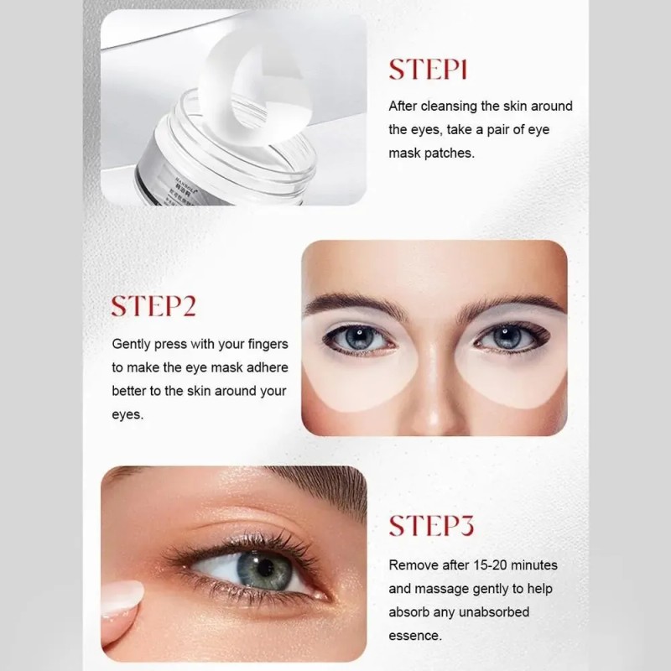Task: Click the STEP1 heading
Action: tap(428, 70)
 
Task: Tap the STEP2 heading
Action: tap(153, 306)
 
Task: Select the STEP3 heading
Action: tap(431, 526)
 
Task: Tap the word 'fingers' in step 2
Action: tap(268, 344)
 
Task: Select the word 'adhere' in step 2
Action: tap(268, 367)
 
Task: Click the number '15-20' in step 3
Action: tap(491, 565)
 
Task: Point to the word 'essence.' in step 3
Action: tap(415, 636)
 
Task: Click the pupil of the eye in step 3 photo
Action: tap(265, 568)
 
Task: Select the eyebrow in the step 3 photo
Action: tap(317, 488)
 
